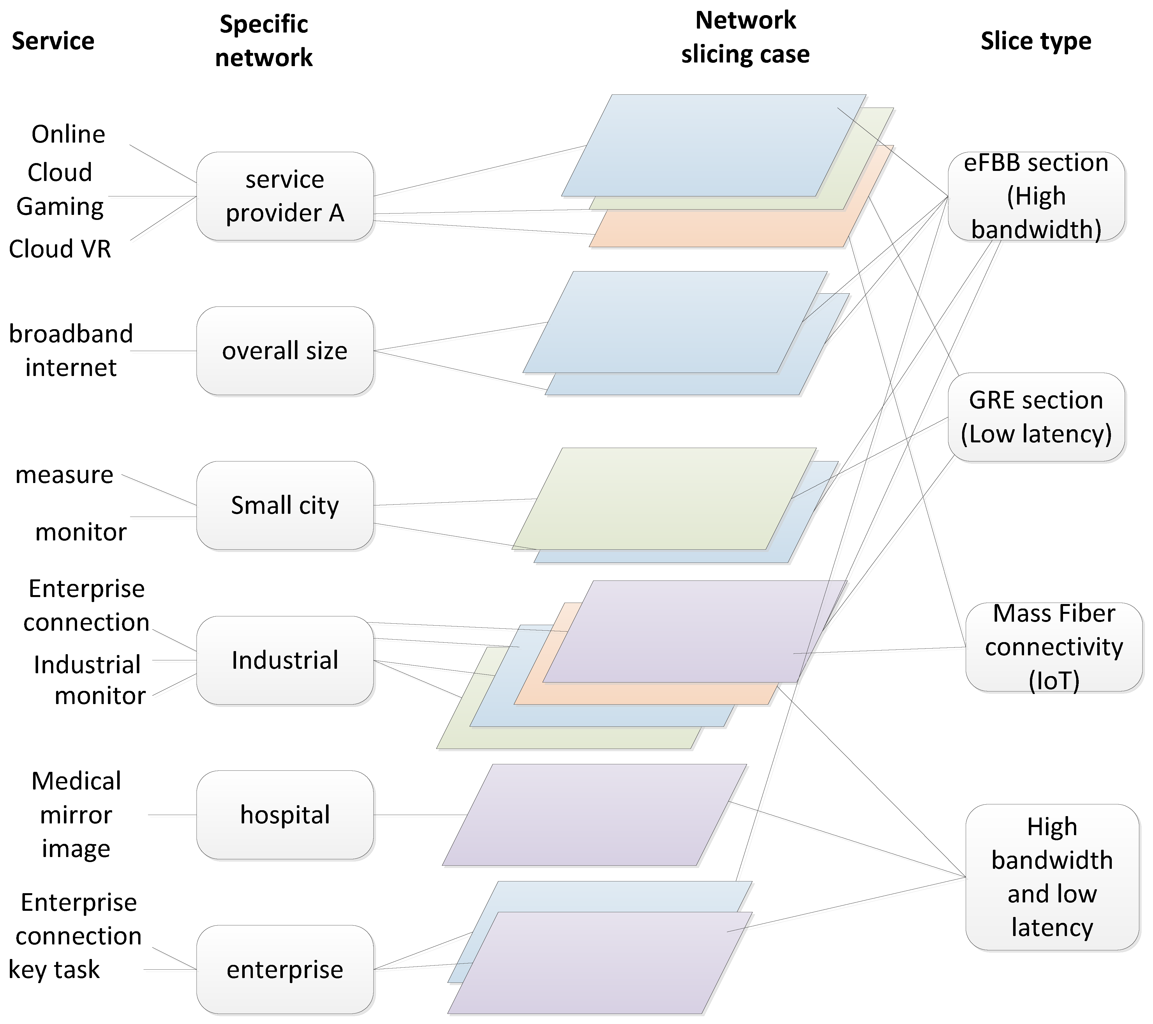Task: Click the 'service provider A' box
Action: tap(285, 196)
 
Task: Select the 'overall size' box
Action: tap(285, 351)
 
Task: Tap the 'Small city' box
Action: tap(285, 505)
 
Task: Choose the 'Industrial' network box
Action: tap(285, 660)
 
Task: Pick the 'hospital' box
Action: tap(285, 815)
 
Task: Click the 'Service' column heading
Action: tap(53, 41)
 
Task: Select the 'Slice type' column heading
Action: tap(1036, 41)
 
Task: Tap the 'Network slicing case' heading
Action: tap(745, 37)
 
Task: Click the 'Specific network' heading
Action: tap(264, 41)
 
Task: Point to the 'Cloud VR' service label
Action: tap(60, 249)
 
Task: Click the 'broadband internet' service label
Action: tap(71, 351)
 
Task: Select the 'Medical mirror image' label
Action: tap(76, 815)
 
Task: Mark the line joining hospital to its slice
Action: tap(420, 815)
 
